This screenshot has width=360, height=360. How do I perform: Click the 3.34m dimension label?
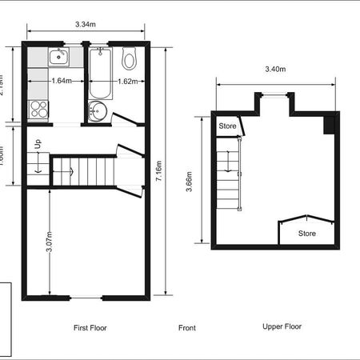pos(86,25)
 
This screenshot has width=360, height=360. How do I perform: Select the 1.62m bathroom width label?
pos(128,80)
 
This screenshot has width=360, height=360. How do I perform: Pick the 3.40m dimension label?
pos(275,70)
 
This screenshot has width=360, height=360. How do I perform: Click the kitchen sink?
pos(58,56)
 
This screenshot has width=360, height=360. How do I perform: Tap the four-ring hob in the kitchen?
pos(38,110)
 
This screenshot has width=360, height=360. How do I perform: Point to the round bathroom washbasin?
pos(98,110)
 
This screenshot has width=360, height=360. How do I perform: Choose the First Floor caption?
pos(90,328)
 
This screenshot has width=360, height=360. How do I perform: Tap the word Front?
pos(187,328)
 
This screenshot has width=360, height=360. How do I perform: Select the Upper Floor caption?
pos(282,326)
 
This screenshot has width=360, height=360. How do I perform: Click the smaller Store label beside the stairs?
pos(228,126)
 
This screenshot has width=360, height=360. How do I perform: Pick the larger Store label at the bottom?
pos(307,234)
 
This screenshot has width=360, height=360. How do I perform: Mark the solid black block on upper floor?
pos(328,126)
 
